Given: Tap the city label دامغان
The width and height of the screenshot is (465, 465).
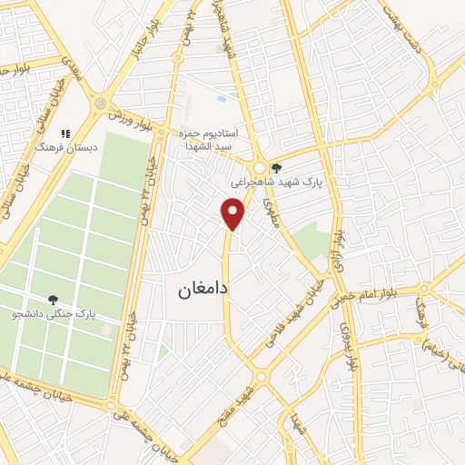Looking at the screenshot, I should click(x=195, y=292).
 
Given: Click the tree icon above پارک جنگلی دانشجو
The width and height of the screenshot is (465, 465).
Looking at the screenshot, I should click(x=54, y=299).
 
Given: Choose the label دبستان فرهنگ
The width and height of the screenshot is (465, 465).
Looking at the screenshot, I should click(x=58, y=146).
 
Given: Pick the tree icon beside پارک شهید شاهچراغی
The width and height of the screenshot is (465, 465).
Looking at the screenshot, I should click(x=277, y=167).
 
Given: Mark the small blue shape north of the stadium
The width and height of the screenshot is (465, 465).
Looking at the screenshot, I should click(x=222, y=97).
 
